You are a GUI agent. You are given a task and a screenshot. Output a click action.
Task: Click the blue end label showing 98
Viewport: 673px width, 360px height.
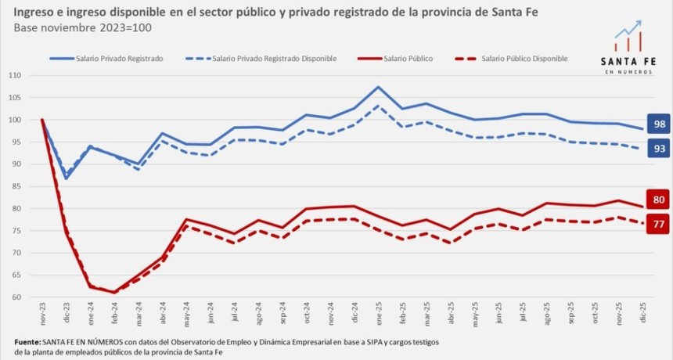(x=659, y=124)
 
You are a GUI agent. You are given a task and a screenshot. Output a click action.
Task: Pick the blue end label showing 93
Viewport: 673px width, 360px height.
(x=659, y=148)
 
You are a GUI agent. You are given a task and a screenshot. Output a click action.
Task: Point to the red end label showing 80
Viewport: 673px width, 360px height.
(x=659, y=200)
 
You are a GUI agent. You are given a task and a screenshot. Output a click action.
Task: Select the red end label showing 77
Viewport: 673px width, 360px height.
(x=659, y=225)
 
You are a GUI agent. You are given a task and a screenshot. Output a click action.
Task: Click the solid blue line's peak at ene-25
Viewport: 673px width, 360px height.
(x=378, y=87)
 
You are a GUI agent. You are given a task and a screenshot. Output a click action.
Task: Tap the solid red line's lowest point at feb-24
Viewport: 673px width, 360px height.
(x=114, y=293)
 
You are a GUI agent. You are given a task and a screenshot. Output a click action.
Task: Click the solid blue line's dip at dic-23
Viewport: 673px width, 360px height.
(x=67, y=178)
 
